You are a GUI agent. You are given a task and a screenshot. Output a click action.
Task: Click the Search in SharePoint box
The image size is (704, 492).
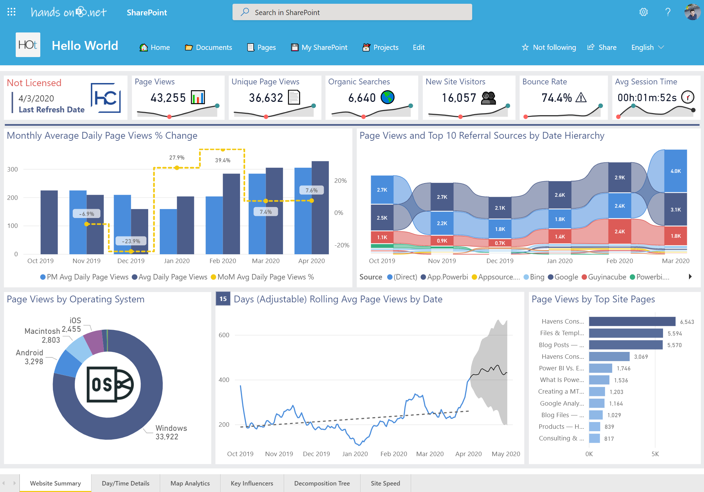tap(352, 12)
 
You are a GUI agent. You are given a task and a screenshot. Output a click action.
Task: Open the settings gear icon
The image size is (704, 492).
tap(643, 12)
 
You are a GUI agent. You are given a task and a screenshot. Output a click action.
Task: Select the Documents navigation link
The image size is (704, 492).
tap(209, 47)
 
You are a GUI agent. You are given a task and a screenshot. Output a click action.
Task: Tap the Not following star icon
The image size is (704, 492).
tap(525, 47)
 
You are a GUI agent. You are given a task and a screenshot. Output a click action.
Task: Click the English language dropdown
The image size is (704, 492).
tap(647, 47)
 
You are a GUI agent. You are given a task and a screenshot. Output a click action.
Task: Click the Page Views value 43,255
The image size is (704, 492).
tap(168, 98)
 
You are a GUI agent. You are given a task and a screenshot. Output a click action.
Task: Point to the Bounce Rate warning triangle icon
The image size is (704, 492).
tap(581, 98)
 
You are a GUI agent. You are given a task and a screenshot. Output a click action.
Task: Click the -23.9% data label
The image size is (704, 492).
tap(131, 241)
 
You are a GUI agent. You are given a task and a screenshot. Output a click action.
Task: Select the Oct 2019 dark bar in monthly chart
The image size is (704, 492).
tap(49, 222)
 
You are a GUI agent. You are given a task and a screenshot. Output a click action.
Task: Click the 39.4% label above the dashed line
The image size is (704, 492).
tap(223, 160)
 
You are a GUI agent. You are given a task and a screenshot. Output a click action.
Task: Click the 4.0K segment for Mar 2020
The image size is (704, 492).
tap(675, 171)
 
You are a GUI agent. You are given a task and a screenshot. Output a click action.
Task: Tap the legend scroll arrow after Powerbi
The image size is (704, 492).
tap(690, 277)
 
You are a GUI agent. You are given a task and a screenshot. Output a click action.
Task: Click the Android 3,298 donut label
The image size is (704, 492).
tap(30, 357)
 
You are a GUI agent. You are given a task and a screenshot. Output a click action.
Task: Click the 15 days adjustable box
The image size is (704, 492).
tap(223, 299)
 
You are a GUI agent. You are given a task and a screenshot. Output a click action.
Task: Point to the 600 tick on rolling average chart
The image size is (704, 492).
tap(224, 335)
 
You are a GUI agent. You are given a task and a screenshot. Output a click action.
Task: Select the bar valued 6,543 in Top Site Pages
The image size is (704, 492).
tap(632, 322)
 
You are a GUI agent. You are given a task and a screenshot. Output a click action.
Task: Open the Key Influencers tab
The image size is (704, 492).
tap(252, 483)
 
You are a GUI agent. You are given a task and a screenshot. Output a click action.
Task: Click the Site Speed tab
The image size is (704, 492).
tap(385, 483)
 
